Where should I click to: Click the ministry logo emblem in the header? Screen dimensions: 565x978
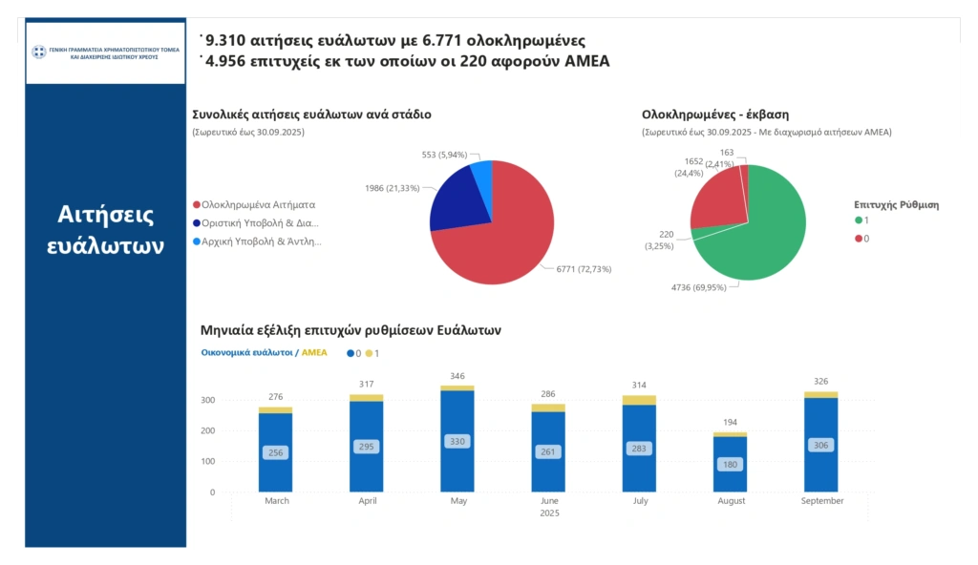pyautogui.click(x=39, y=52)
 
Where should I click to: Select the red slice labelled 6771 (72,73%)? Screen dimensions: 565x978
pyautogui.click(x=506, y=234)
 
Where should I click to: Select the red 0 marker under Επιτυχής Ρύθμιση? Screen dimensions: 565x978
pyautogui.click(x=858, y=238)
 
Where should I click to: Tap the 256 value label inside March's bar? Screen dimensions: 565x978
pyautogui.click(x=275, y=452)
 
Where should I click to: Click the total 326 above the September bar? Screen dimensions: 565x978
pyautogui.click(x=821, y=382)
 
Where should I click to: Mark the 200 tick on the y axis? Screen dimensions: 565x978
pyautogui.click(x=209, y=430)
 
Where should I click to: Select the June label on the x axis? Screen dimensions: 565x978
pyautogui.click(x=548, y=501)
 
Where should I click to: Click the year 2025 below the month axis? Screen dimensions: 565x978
pyautogui.click(x=548, y=513)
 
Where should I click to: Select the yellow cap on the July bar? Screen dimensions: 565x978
pyautogui.click(x=639, y=400)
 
